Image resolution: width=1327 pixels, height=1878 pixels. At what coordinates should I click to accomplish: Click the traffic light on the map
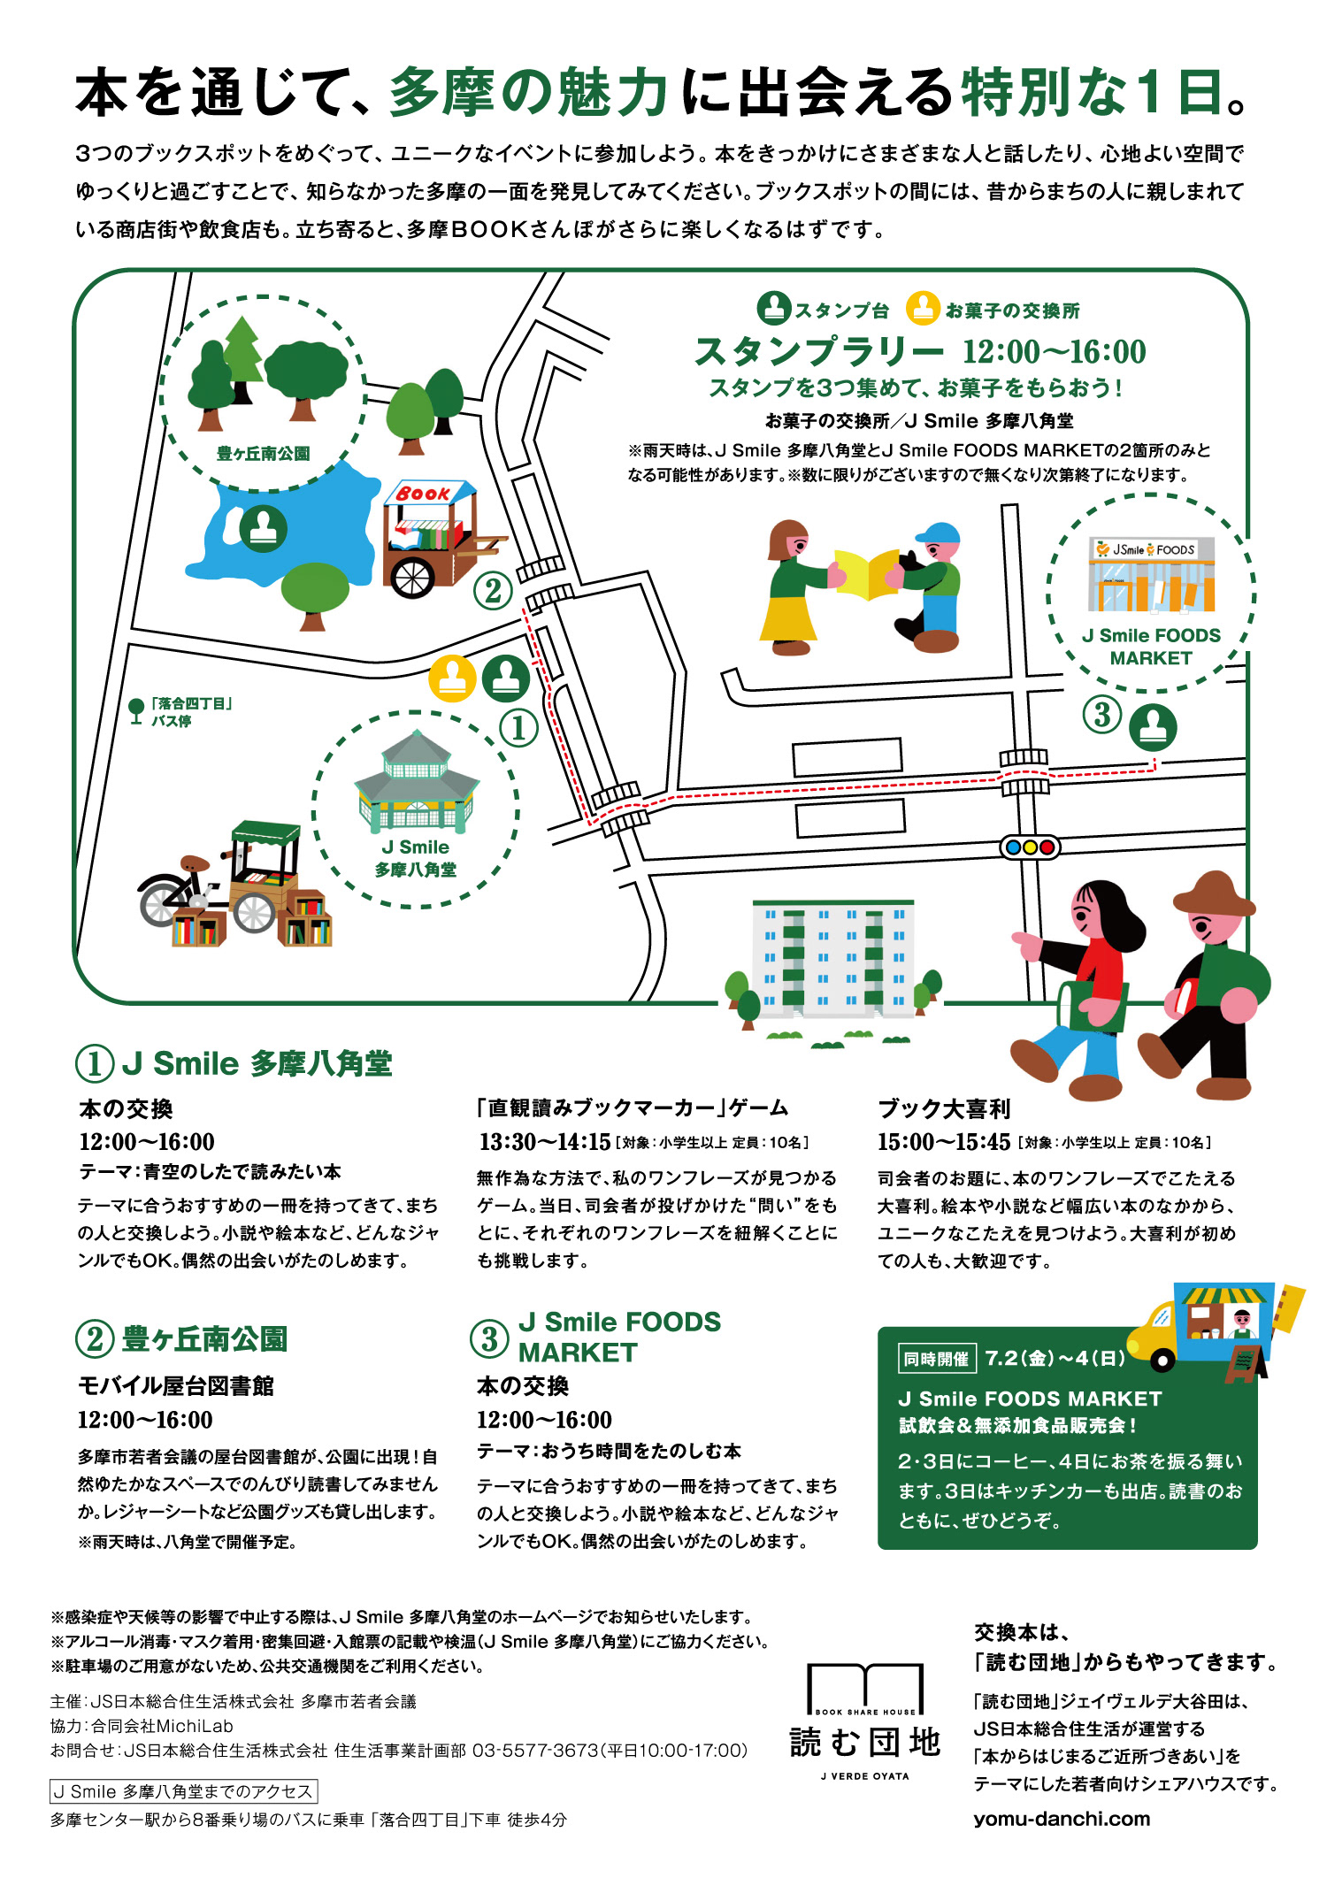click(x=1029, y=847)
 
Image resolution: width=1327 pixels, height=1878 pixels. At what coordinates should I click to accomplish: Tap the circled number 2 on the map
click(x=494, y=590)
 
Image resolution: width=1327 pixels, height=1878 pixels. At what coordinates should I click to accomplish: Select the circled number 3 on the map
click(x=1102, y=714)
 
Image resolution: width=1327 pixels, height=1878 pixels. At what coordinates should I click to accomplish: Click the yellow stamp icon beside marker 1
click(x=452, y=678)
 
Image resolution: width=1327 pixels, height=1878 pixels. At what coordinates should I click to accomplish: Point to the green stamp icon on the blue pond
click(x=264, y=528)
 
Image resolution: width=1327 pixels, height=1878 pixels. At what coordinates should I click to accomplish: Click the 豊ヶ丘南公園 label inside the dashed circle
click(x=263, y=454)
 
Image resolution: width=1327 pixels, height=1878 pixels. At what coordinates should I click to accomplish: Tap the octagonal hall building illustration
click(x=416, y=782)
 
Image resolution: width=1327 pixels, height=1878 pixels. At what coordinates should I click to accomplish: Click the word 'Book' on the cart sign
click(x=423, y=494)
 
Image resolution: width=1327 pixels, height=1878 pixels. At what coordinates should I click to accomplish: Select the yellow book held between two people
click(x=866, y=573)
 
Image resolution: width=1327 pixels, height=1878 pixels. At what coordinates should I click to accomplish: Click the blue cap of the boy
click(x=939, y=533)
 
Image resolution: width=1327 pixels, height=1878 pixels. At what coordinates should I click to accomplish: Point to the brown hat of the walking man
click(x=1214, y=893)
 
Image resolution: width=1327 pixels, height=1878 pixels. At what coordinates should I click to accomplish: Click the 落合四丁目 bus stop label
click(x=191, y=712)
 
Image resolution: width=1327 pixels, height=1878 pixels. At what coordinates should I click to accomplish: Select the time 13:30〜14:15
click(x=545, y=1142)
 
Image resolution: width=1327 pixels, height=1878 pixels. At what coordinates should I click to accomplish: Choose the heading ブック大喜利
click(x=944, y=1108)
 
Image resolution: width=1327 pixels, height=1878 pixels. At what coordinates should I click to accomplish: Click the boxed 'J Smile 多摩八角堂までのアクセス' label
click(x=183, y=1791)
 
